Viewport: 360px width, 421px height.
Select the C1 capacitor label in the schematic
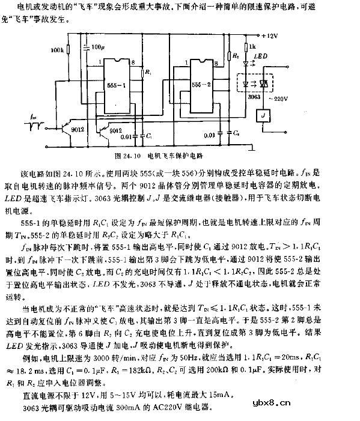[x=149, y=137]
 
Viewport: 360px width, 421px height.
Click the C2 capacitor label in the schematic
[x=237, y=130]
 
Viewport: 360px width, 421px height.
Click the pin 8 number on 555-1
[x=132, y=62]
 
